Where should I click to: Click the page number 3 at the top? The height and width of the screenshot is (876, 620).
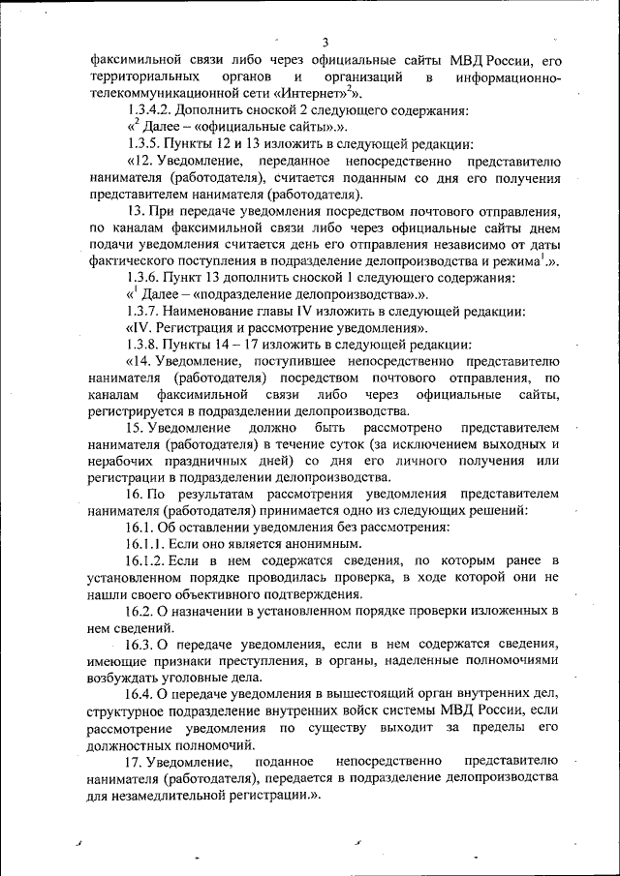pyautogui.click(x=325, y=42)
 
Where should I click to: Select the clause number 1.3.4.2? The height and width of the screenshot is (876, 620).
pyautogui.click(x=153, y=110)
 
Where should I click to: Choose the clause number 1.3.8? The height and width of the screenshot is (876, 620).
pyautogui.click(x=145, y=345)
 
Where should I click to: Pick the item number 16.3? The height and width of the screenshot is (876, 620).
pyautogui.click(x=140, y=645)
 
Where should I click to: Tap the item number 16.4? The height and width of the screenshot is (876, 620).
pyautogui.click(x=140, y=694)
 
